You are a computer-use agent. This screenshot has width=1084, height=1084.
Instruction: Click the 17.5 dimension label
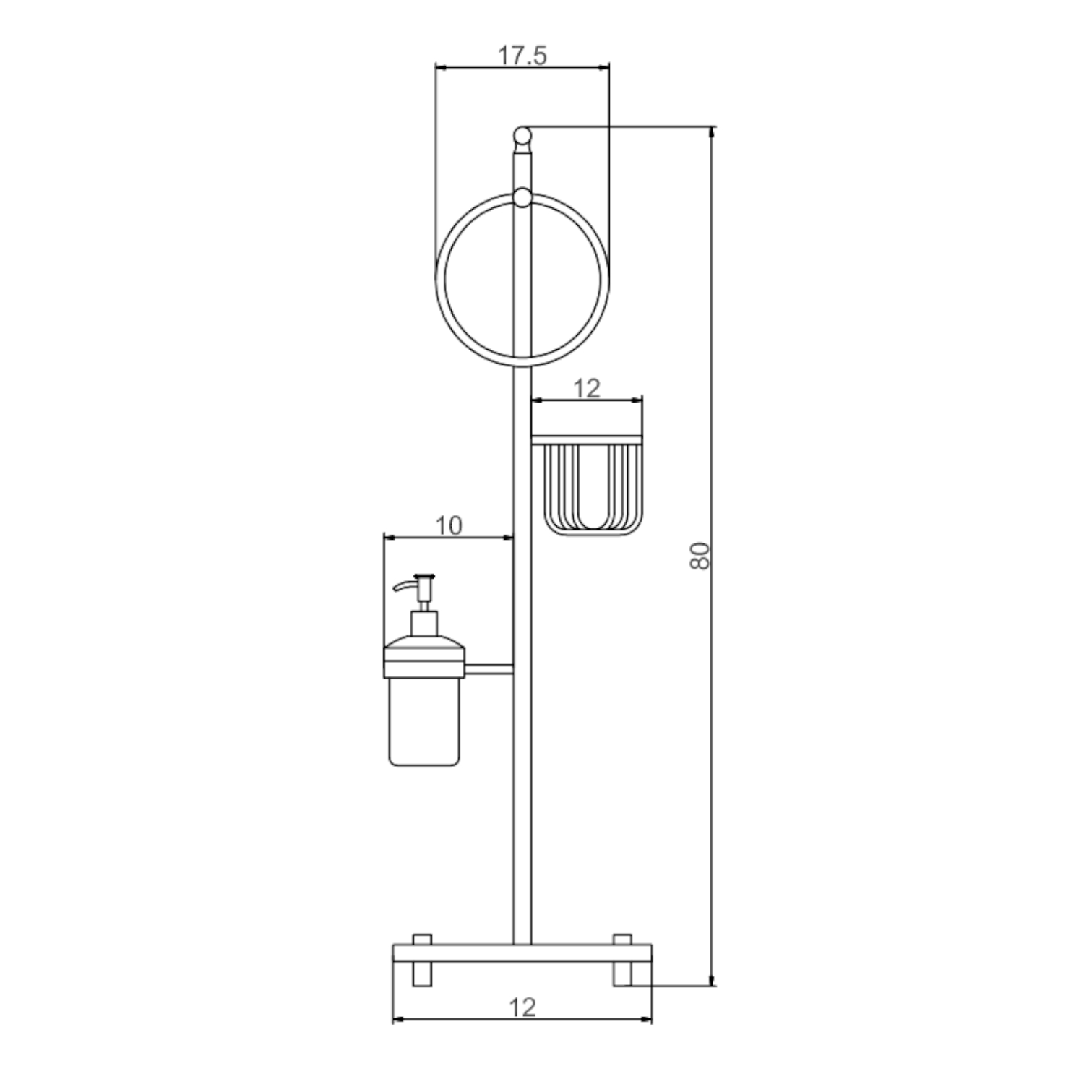(x=522, y=55)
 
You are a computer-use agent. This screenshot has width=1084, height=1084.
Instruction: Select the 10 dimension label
(x=449, y=525)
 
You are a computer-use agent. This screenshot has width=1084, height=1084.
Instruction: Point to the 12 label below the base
(x=522, y=1007)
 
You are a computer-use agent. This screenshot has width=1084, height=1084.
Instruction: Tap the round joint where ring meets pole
(x=522, y=197)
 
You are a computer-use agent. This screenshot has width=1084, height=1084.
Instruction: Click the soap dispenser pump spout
(x=412, y=583)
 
